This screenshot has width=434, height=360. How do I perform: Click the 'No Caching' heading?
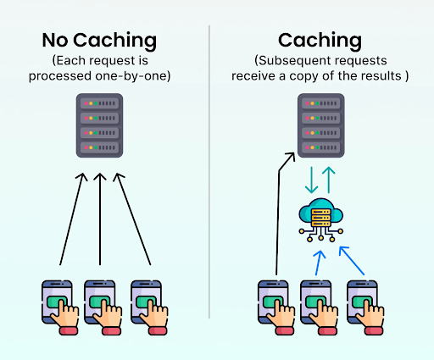(x=99, y=41)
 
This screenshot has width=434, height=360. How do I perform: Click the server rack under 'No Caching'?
(x=99, y=125)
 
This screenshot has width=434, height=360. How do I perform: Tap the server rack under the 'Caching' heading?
(x=321, y=125)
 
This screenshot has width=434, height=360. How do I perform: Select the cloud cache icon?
(x=321, y=220)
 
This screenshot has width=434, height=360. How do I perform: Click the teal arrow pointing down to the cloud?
(x=311, y=180)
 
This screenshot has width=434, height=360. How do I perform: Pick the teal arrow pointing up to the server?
(x=329, y=180)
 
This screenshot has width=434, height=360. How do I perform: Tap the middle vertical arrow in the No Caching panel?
(x=100, y=219)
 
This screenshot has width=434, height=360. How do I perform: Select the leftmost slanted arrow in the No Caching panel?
(x=72, y=219)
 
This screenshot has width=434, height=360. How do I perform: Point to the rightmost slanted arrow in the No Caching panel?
(x=132, y=219)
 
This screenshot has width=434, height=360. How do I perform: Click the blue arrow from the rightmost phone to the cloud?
(x=352, y=261)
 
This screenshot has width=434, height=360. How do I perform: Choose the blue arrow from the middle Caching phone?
(x=319, y=263)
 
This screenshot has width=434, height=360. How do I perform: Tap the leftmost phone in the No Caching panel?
(x=60, y=307)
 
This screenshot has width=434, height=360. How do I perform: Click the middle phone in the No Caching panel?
(x=103, y=307)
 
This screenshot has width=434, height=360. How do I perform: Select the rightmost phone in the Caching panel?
(x=365, y=307)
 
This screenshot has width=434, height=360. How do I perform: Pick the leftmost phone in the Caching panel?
(x=276, y=307)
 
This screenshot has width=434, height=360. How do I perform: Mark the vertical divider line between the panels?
(x=209, y=172)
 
